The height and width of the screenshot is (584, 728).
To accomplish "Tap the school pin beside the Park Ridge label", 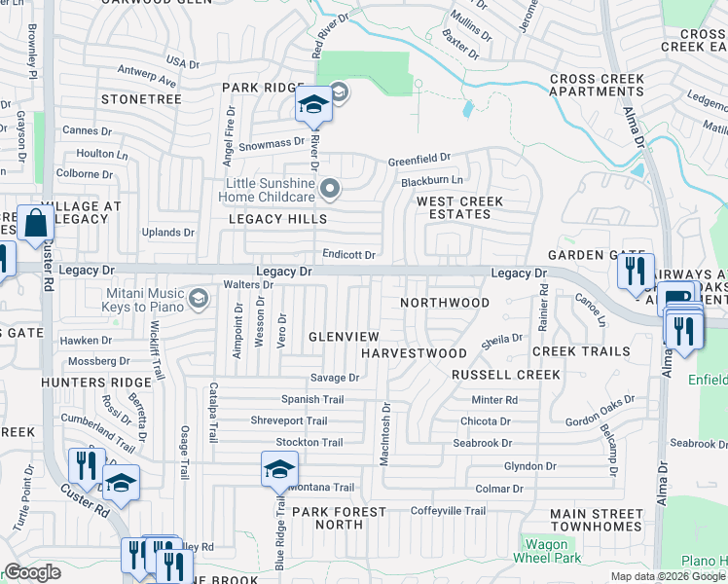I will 314,105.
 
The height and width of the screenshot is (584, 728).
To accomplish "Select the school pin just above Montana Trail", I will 279,470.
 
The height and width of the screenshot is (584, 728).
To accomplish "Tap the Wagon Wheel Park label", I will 553,551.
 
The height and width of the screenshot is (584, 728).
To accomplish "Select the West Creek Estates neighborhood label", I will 460,208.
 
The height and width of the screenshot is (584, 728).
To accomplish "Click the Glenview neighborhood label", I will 343,336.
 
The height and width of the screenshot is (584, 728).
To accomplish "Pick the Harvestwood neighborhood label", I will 415,352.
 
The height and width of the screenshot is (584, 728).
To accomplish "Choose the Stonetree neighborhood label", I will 141,99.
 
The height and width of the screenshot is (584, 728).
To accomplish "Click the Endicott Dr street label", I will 349,255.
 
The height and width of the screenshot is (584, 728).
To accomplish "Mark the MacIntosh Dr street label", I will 385,434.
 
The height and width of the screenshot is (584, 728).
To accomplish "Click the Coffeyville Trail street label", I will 448,511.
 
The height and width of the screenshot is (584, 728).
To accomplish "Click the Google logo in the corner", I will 32,572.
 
